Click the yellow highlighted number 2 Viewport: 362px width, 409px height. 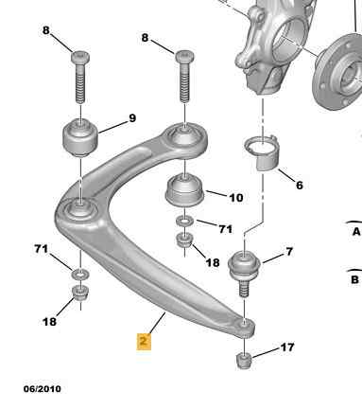point(144,340)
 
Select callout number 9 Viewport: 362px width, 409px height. point(133,118)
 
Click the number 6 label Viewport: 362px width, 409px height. point(299,185)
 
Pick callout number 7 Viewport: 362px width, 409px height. point(289,251)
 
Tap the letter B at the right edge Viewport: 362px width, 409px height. point(356,279)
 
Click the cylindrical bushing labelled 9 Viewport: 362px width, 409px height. point(81,139)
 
